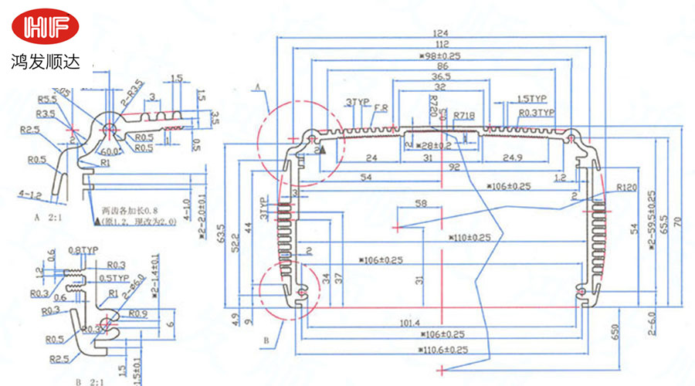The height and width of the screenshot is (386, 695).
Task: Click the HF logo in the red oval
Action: (x=45, y=26)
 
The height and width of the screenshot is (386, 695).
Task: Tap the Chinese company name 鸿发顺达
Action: (x=45, y=63)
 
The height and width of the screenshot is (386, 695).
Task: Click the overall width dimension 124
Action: (x=440, y=33)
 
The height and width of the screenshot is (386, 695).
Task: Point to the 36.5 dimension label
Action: (x=441, y=77)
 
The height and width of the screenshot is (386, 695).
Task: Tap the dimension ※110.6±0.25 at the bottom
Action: (x=443, y=350)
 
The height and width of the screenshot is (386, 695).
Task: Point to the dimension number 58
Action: (x=421, y=204)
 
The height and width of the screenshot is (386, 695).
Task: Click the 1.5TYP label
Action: (x=531, y=100)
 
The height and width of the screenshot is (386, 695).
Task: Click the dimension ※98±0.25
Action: (x=439, y=56)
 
